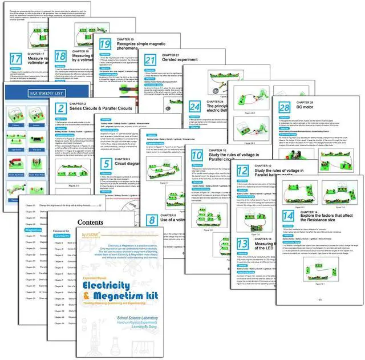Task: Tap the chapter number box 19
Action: coord(105,46)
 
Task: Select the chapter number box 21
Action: coord(151,61)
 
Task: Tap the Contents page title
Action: coord(90,207)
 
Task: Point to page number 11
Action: coord(320,300)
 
